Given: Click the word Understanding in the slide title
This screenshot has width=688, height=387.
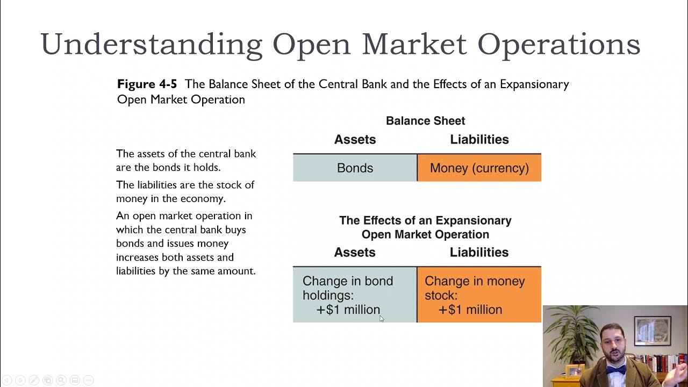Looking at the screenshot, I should tap(151, 44).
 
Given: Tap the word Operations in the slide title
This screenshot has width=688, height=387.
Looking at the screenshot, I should tap(559, 44).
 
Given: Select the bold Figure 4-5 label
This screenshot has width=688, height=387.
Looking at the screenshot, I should tap(147, 84).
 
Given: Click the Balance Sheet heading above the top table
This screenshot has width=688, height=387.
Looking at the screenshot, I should tap(425, 121).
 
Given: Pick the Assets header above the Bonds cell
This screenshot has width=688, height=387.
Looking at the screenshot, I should tap(355, 140).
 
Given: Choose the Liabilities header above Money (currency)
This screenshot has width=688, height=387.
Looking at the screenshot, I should tap(479, 140).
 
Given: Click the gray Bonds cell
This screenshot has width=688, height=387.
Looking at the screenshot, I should tap(355, 168).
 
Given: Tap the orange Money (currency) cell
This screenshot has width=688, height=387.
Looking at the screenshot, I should tap(479, 168).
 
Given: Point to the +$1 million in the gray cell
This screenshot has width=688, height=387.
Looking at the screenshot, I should tap(348, 310).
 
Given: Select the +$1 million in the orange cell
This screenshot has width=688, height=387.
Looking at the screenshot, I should tap(470, 310).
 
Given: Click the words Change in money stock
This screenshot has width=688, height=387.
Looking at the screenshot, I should tap(474, 288).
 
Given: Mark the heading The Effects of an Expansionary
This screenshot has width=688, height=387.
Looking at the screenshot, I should tap(425, 220).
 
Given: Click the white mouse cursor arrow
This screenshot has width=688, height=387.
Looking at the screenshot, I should tap(381, 318).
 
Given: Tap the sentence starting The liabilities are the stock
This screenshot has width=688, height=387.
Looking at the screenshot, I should tap(185, 192).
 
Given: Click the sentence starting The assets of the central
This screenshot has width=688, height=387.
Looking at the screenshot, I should tap(185, 161).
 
